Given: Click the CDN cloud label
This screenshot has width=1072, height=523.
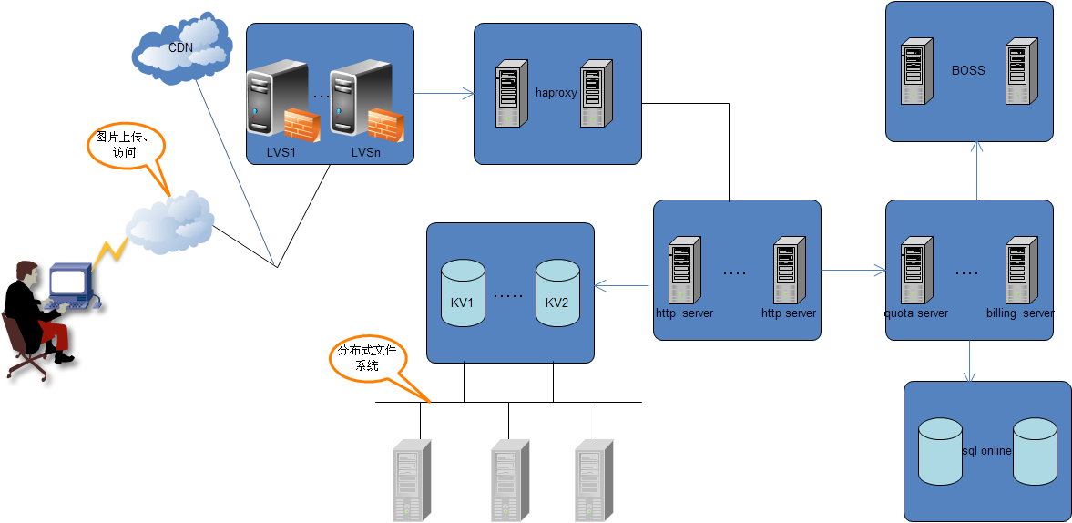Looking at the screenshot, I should click(180, 47).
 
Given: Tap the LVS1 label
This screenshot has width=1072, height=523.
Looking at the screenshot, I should click(281, 152).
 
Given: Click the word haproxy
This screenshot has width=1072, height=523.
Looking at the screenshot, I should click(556, 93).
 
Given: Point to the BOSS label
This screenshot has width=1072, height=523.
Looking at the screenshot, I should click(968, 70).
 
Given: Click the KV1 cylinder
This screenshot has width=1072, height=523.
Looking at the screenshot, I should click(462, 293).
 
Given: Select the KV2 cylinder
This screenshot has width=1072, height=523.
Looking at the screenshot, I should click(557, 293).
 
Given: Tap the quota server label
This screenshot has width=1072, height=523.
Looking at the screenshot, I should click(917, 313).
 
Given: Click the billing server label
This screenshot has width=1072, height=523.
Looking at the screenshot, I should click(1019, 313).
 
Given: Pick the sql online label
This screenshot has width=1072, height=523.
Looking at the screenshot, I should click(987, 451).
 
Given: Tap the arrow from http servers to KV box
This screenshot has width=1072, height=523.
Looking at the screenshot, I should click(624, 286).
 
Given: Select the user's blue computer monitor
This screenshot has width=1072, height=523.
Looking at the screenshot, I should click(69, 282).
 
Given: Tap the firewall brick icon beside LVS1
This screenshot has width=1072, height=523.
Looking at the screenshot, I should click(301, 125).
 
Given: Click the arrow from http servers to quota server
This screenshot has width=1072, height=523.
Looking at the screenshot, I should click(852, 270).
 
